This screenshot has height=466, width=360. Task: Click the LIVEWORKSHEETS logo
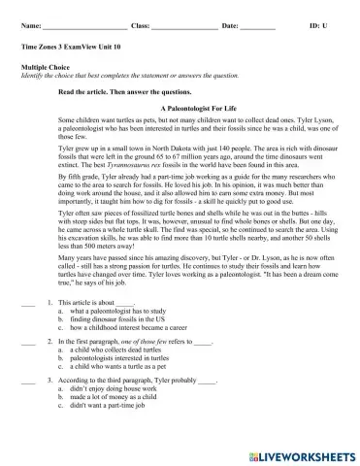point(301,454)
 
